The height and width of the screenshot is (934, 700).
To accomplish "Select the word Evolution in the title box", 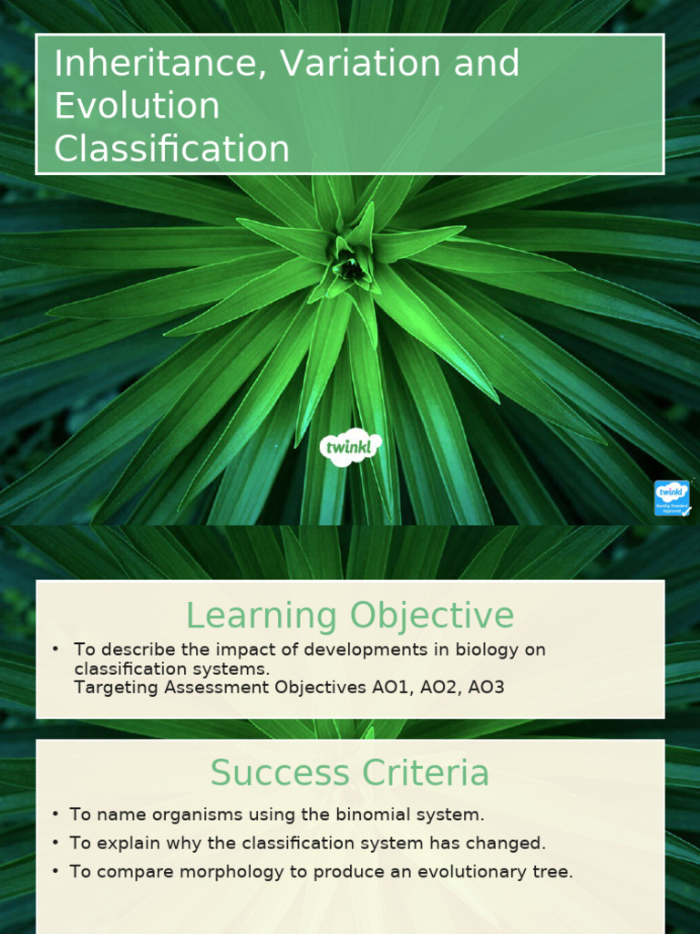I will pos(137,106).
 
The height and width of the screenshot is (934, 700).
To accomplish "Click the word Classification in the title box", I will pos(171,149).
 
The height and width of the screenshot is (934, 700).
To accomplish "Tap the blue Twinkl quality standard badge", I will pos(672,498).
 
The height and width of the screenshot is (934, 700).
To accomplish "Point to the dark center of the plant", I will pos(347,268).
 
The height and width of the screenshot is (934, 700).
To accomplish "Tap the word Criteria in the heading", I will pos(425,773).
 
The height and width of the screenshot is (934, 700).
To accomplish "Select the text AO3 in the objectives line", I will pos(485,687).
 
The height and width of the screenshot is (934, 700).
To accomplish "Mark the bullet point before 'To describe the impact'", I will pos(56,649).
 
